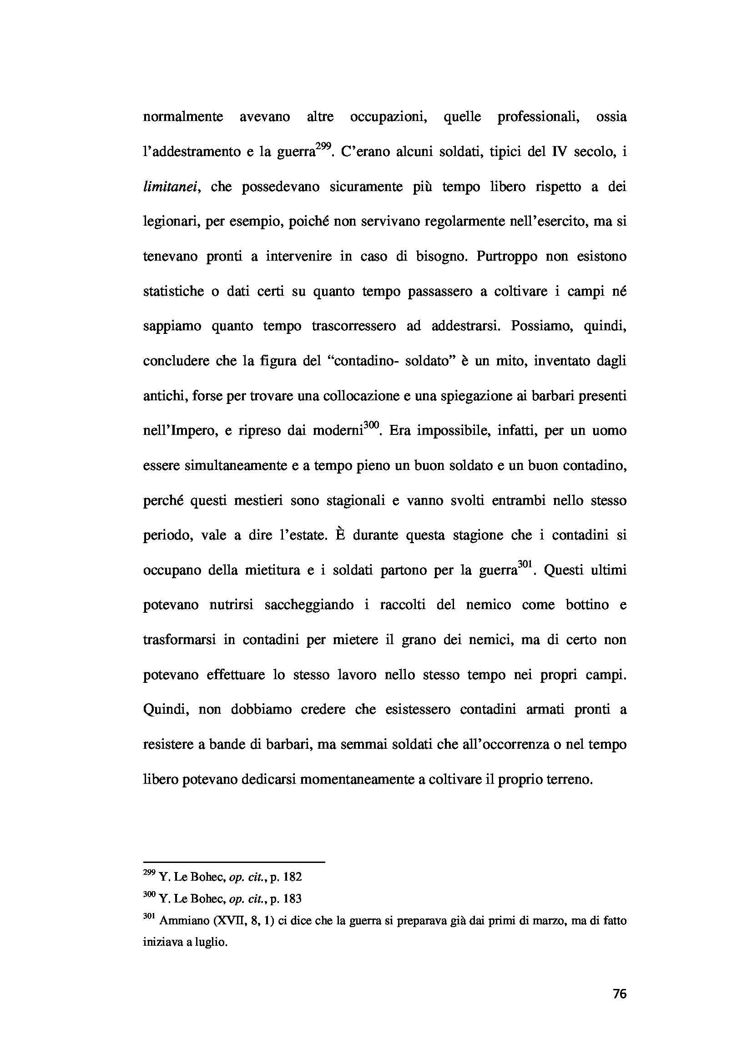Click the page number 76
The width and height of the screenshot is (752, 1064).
click(x=619, y=993)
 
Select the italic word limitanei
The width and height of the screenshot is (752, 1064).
click(x=171, y=187)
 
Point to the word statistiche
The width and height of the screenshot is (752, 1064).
click(x=173, y=291)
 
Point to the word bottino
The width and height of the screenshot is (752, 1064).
click(x=587, y=605)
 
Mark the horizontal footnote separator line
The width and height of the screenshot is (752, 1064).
click(x=234, y=862)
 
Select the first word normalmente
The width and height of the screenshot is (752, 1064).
click(x=182, y=117)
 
